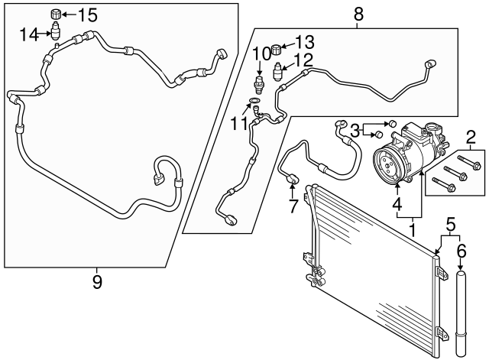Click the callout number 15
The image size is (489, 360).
tap(88, 15)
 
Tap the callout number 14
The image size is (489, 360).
tap(29, 33)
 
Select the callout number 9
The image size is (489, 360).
tap(97, 282)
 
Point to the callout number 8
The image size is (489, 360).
tap(358, 13)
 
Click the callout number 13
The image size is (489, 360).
tap(305, 40)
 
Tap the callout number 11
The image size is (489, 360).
tap(241, 122)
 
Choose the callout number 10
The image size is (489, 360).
tap(261, 52)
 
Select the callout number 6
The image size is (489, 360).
tap(461, 250)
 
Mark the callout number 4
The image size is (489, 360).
tap(397, 205)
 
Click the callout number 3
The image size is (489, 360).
tap(355, 130)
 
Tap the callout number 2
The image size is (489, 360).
tap(471, 138)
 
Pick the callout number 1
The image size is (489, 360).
tap(413, 227)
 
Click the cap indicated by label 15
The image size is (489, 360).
tap(55, 14)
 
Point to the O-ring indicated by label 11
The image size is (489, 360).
tap(254, 99)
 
